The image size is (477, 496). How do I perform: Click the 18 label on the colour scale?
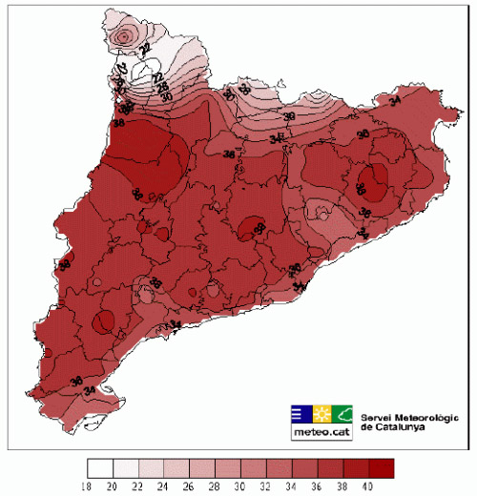88,486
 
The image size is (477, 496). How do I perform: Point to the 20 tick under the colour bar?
114,486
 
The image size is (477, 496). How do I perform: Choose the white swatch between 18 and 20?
100,468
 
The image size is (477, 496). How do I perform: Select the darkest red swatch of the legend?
381,468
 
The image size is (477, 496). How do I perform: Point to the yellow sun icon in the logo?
321,413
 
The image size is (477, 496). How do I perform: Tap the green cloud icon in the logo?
342,413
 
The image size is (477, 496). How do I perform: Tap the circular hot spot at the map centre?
252,227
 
